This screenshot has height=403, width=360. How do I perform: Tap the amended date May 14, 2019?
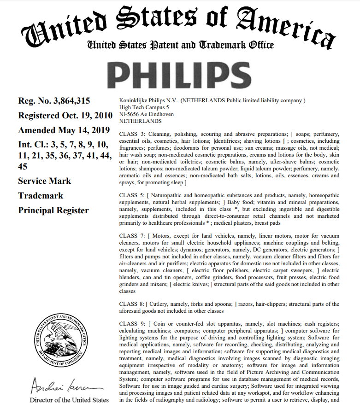point(86,130)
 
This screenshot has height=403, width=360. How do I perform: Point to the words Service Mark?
point(44,181)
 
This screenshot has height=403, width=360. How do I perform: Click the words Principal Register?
point(53,210)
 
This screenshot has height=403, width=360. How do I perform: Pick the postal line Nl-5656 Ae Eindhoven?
point(147,114)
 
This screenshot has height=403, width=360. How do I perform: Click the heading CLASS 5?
point(132,195)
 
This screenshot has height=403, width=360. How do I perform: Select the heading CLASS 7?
point(132,236)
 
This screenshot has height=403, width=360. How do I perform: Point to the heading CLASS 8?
point(132,304)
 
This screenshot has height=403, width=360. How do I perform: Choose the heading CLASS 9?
point(132,324)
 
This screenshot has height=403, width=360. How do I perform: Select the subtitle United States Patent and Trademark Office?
point(180,45)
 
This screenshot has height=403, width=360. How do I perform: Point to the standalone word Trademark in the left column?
point(41,196)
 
